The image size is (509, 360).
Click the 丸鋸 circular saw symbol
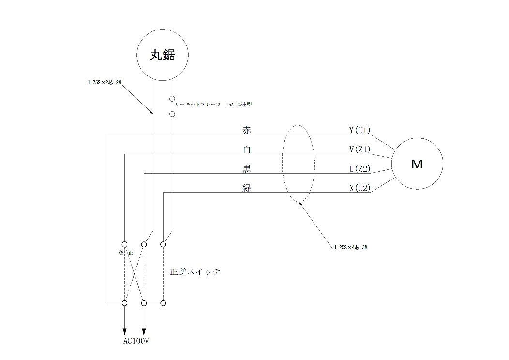162,56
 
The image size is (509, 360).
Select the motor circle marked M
417,164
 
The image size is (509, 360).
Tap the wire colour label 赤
247,130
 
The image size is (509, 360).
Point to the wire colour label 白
247,150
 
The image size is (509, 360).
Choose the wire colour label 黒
247,169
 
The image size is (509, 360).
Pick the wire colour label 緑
247,188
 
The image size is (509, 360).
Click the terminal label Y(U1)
359,130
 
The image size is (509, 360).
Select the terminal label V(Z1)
359,150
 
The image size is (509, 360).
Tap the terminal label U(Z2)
359,169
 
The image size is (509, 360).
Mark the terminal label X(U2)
359,188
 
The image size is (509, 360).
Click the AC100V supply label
136,341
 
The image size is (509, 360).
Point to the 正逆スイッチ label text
195,272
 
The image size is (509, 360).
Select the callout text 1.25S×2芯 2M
104,83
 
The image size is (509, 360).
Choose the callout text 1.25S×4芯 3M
351,247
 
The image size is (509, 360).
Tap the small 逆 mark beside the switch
121,253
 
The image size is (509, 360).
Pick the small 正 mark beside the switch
131,253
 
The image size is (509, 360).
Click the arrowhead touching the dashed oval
300,203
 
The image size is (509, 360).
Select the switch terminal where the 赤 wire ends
124,303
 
